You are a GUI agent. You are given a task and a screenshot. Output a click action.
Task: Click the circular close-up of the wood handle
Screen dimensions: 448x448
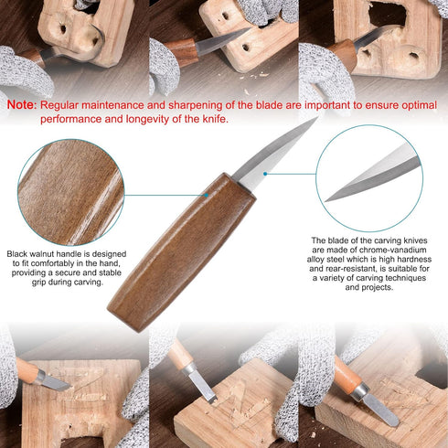click(70, 192)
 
